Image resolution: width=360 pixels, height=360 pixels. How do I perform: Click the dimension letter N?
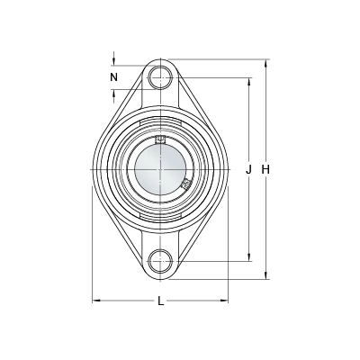pos(113,77)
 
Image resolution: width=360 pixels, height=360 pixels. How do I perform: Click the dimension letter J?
pos(248,170)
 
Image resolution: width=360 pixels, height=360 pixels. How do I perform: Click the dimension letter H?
pos(265,170)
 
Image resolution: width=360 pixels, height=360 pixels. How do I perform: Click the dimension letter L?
pos(161,301)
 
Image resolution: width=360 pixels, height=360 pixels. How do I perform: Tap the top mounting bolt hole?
pos(161,77)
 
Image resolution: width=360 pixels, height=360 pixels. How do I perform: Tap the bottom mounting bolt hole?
pos(161,261)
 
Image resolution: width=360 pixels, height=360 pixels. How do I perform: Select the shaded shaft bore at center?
pos(160,169)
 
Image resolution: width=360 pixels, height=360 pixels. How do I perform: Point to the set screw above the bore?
pos(160,139)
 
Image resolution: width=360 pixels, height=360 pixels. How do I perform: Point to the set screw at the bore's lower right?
pos(186,184)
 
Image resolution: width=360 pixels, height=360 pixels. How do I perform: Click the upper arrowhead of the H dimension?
pos(265,63)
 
